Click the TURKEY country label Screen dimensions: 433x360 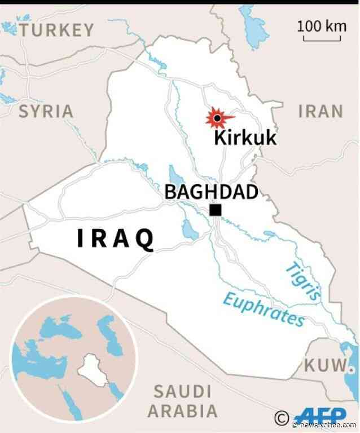[x=56, y=30]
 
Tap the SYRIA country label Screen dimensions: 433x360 [x=46, y=111]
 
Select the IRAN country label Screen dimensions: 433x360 [x=321, y=111]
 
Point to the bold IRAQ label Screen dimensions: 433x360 [x=116, y=240]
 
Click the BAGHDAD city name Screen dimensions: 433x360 [x=212, y=192]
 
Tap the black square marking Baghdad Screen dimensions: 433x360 [x=215, y=211]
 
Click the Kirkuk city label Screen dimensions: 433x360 [x=245, y=137]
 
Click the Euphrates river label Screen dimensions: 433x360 [x=263, y=310]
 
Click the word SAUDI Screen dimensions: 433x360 [x=183, y=391]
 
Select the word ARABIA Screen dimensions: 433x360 [x=183, y=410]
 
